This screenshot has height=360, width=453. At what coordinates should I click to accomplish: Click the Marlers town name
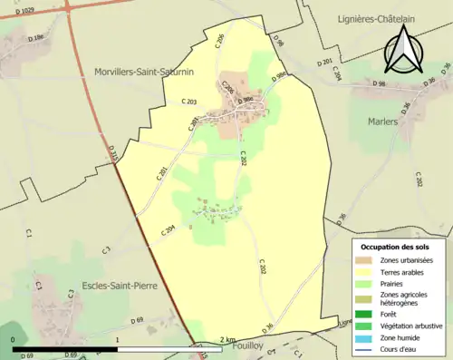click(x=384, y=121)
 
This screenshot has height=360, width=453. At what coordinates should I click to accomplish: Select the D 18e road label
click(x=36, y=39)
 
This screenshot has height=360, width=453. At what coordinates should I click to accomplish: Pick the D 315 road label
click(x=114, y=156)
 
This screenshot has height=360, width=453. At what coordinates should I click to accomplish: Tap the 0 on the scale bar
click(x=14, y=340)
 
